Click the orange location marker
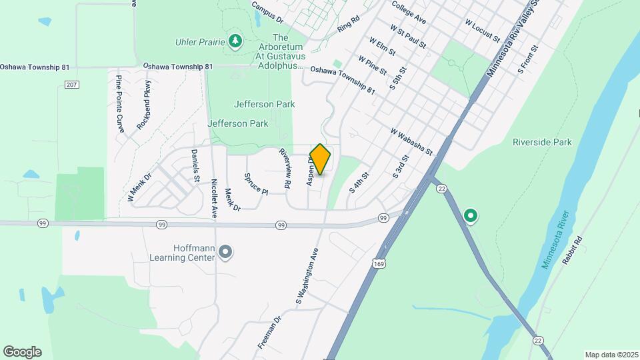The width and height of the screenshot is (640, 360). coord(320,159)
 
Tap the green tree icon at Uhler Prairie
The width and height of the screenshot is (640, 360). coord(235,42)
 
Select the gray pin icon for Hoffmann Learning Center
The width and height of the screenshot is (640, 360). coord(225,252)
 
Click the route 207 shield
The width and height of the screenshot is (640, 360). coord(72,84)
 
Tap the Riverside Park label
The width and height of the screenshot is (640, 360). coord(542,142)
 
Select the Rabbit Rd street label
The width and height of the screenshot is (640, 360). coord(572,251)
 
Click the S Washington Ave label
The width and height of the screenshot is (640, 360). coord(307,273)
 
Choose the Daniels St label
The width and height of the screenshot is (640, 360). coord(195,165)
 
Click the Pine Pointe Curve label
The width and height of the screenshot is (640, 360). coord(120,104)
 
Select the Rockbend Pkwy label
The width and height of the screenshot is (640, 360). coord(144,104)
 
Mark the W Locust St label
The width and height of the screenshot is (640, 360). coord(482,30)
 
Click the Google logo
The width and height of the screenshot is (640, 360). coord(22,352)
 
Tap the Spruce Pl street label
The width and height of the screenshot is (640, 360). coord(255,184)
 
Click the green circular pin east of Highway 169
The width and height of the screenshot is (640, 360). coord(471,215)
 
